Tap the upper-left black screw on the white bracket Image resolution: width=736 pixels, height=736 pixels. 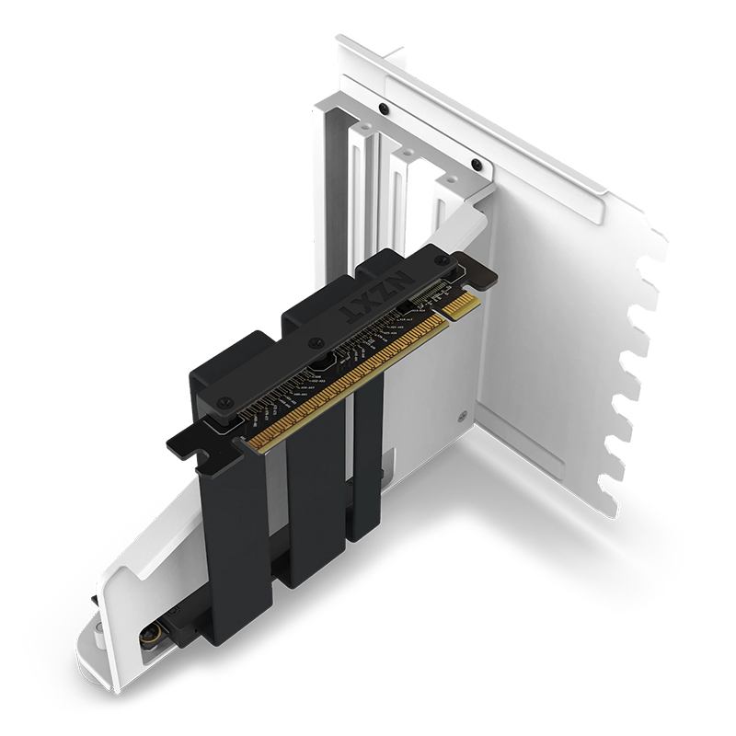point(383,109)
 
